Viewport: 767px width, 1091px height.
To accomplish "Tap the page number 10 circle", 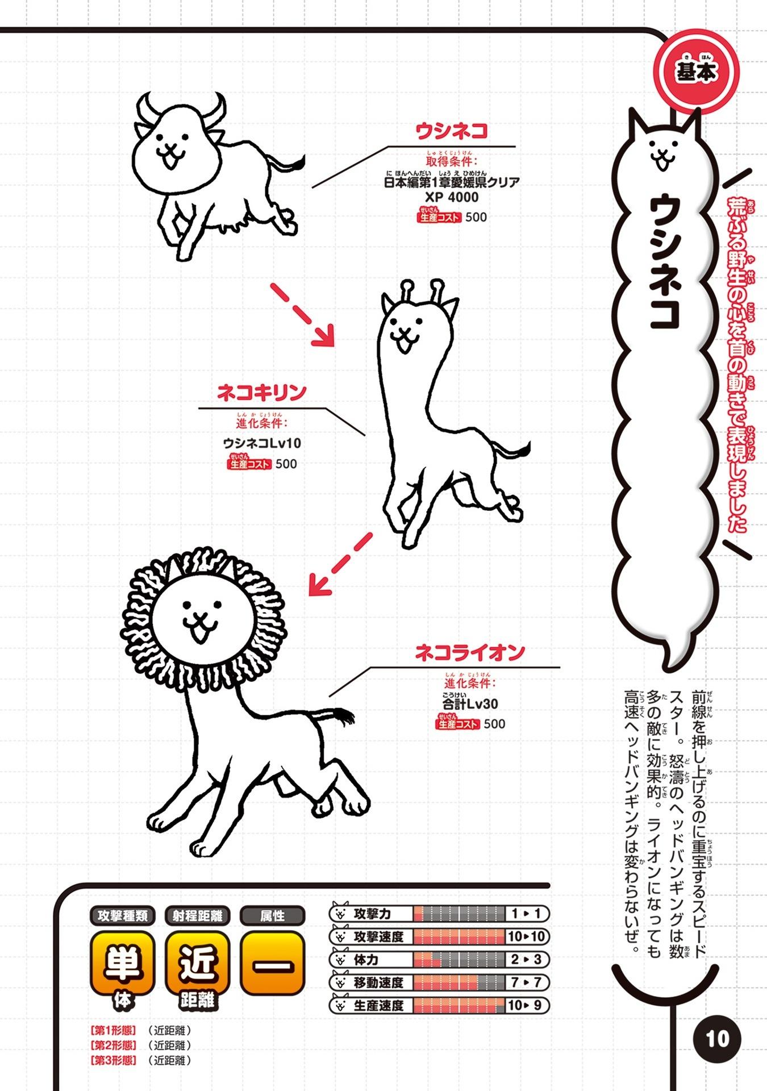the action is click(717, 1039).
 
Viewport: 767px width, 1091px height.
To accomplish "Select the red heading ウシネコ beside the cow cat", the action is click(452, 132).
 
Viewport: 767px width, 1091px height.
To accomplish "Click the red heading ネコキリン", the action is click(262, 393).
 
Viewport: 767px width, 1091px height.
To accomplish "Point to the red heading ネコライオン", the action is click(470, 653).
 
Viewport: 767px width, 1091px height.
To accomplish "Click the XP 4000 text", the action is click(452, 197).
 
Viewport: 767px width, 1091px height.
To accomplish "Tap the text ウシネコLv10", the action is click(262, 443).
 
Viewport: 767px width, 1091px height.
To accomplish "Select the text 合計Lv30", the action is click(470, 703).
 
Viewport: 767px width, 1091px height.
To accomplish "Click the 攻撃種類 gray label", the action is click(122, 915).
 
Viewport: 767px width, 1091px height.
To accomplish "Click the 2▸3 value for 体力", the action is click(526, 960).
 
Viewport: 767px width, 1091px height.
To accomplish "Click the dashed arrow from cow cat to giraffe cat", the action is click(302, 314).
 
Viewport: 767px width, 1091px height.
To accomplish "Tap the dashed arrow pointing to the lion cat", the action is click(340, 564).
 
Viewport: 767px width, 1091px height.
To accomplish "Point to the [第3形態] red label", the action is click(113, 1060).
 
